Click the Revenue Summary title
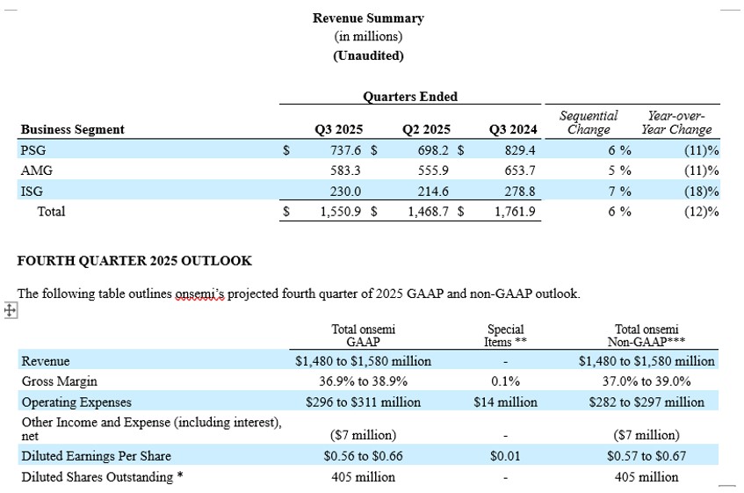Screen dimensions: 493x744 click(368, 18)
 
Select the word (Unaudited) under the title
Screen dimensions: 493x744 click(368, 55)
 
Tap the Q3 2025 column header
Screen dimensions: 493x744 click(338, 129)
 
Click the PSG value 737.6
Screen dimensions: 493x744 click(343, 150)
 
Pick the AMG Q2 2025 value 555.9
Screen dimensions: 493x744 click(433, 170)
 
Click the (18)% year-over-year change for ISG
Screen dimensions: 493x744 click(701, 191)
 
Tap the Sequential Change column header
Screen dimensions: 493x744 click(588, 122)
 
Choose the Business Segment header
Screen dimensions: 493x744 click(73, 129)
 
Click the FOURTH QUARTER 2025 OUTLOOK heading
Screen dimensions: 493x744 click(134, 261)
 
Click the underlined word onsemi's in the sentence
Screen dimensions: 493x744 click(199, 294)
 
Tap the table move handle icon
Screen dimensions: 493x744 click(10, 310)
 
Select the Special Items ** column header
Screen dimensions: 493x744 click(505, 336)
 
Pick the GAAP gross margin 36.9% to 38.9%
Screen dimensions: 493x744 click(363, 381)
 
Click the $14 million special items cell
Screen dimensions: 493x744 click(505, 402)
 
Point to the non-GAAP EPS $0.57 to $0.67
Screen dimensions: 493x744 click(646, 456)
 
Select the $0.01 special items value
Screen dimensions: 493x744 click(505, 456)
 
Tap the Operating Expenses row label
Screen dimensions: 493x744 click(76, 402)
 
